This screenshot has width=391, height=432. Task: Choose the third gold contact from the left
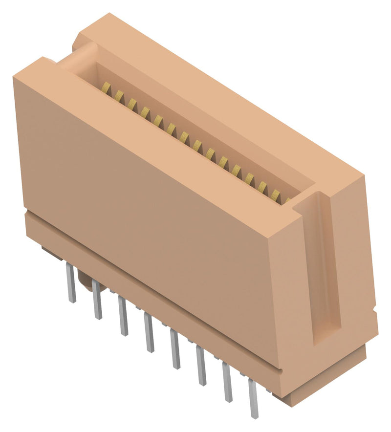tap(132, 102)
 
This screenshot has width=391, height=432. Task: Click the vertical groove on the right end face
tap(324, 269)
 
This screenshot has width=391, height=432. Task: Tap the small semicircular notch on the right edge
tap(374, 309)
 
